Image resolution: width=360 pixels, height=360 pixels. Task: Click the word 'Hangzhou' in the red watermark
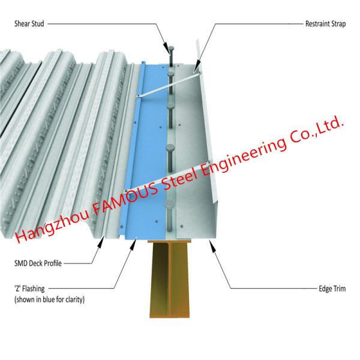point(50,231)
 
